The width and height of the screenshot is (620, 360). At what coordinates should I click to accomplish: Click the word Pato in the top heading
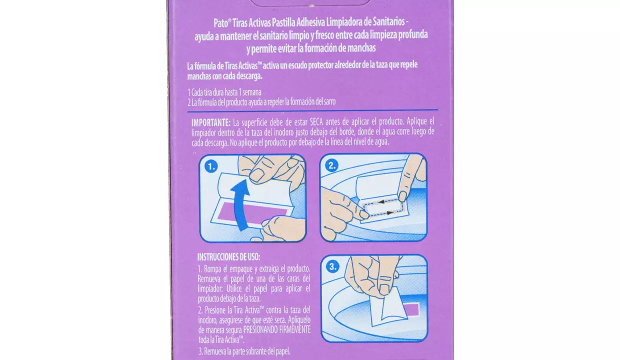[220, 23]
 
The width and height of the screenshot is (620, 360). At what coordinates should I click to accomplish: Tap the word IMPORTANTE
[211, 122]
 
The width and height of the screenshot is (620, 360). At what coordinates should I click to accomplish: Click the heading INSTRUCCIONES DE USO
[228, 257]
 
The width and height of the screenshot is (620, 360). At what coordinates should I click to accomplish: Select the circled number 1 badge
[211, 166]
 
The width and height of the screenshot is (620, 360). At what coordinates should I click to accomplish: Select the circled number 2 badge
[331, 165]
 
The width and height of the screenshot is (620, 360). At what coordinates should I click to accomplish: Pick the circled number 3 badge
[332, 266]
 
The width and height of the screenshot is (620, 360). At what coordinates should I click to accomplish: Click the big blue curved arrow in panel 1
[239, 205]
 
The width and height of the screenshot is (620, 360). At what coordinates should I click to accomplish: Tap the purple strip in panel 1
[252, 211]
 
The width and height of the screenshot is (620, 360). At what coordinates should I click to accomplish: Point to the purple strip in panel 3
[411, 309]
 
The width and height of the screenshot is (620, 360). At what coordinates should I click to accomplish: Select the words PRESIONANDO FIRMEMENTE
[277, 329]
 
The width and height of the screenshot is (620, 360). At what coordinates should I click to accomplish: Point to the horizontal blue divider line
[312, 110]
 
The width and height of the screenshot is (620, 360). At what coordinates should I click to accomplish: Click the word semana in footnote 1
[252, 92]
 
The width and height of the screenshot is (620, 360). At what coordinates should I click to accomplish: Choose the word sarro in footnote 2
[329, 101]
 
